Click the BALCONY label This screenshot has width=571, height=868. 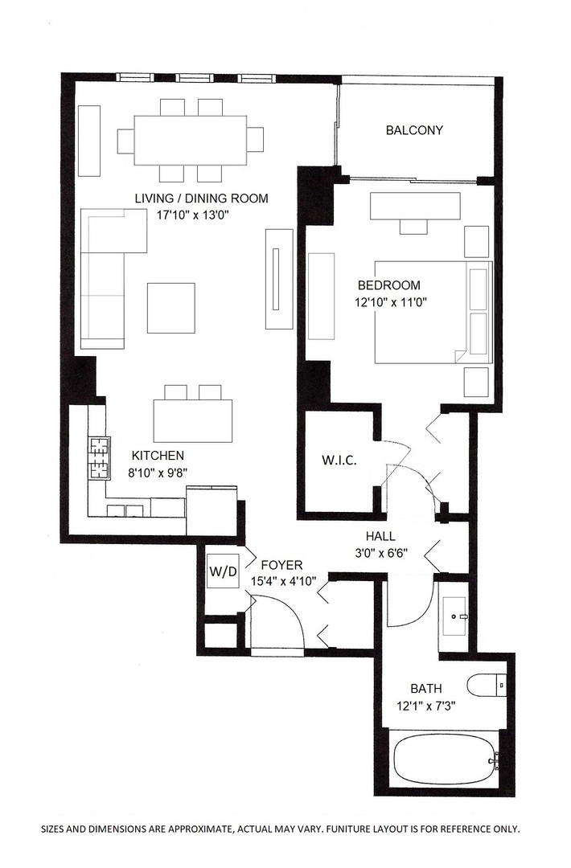[x=414, y=130]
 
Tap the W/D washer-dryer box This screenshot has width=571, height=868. [x=224, y=572]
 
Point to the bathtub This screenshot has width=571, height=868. [x=445, y=759]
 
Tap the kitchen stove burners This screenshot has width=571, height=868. [x=98, y=457]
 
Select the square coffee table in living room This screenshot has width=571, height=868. [x=170, y=307]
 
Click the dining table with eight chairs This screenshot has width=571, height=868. [x=190, y=140]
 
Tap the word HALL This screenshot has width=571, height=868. [x=380, y=536]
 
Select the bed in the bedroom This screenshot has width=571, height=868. [x=433, y=312]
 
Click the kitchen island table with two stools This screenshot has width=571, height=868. [x=192, y=420]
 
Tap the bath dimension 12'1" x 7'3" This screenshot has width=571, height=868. [x=426, y=706]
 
